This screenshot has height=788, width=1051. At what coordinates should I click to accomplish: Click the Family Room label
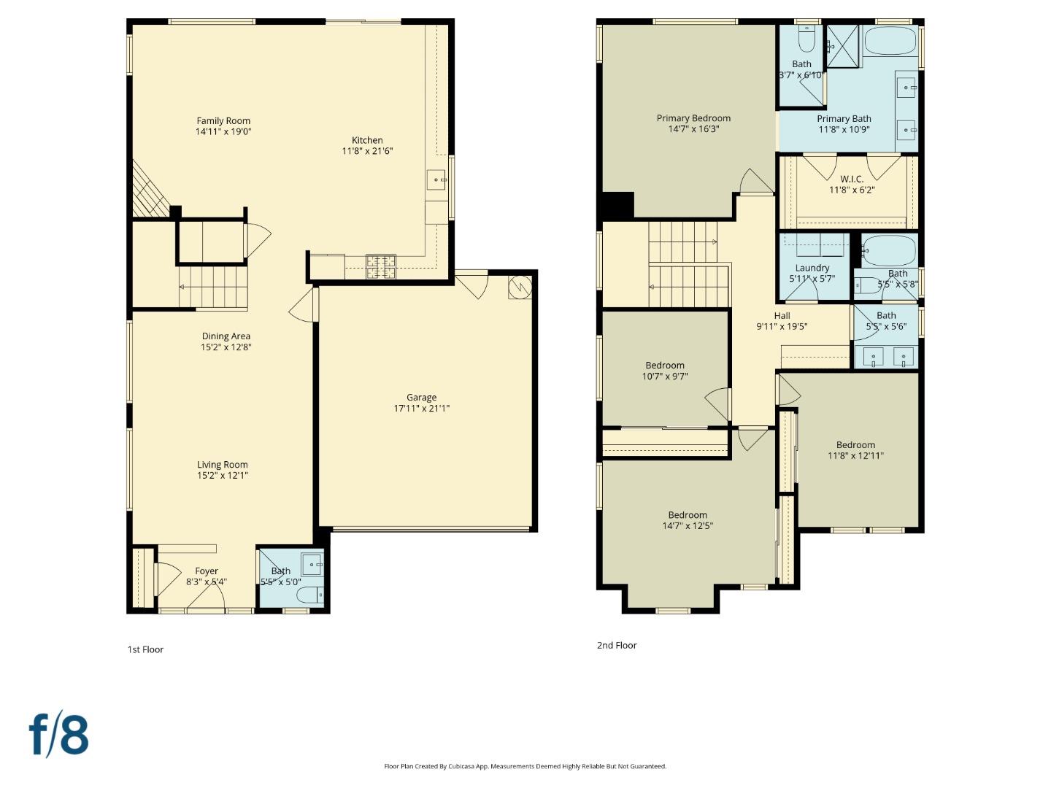click(223, 121)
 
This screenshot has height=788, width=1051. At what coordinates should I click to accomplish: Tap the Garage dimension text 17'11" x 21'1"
click(421, 409)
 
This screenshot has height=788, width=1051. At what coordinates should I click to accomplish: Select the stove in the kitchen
click(380, 266)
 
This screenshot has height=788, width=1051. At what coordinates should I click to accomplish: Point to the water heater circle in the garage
click(520, 287)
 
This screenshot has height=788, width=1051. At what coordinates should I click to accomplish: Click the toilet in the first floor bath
click(310, 595)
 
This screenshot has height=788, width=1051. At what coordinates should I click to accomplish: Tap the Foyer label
click(207, 571)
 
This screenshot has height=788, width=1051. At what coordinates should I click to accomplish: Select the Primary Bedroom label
click(693, 118)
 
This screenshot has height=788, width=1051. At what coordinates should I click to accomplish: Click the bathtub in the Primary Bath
click(890, 41)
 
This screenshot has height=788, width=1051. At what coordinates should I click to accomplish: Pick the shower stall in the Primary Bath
click(843, 46)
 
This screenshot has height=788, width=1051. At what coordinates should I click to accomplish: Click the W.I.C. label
click(852, 179)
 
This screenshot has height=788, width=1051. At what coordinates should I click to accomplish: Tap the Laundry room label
click(812, 268)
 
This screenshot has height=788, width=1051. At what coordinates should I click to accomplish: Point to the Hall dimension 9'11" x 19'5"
click(782, 327)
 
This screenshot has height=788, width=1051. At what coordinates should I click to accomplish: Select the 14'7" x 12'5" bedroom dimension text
click(688, 526)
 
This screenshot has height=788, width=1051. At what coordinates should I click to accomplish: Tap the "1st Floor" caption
click(145, 649)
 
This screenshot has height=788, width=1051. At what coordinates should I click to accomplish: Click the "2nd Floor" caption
click(617, 645)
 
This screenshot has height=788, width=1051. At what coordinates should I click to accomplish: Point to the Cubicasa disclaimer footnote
click(525, 766)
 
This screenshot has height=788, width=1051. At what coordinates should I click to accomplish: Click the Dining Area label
click(226, 336)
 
